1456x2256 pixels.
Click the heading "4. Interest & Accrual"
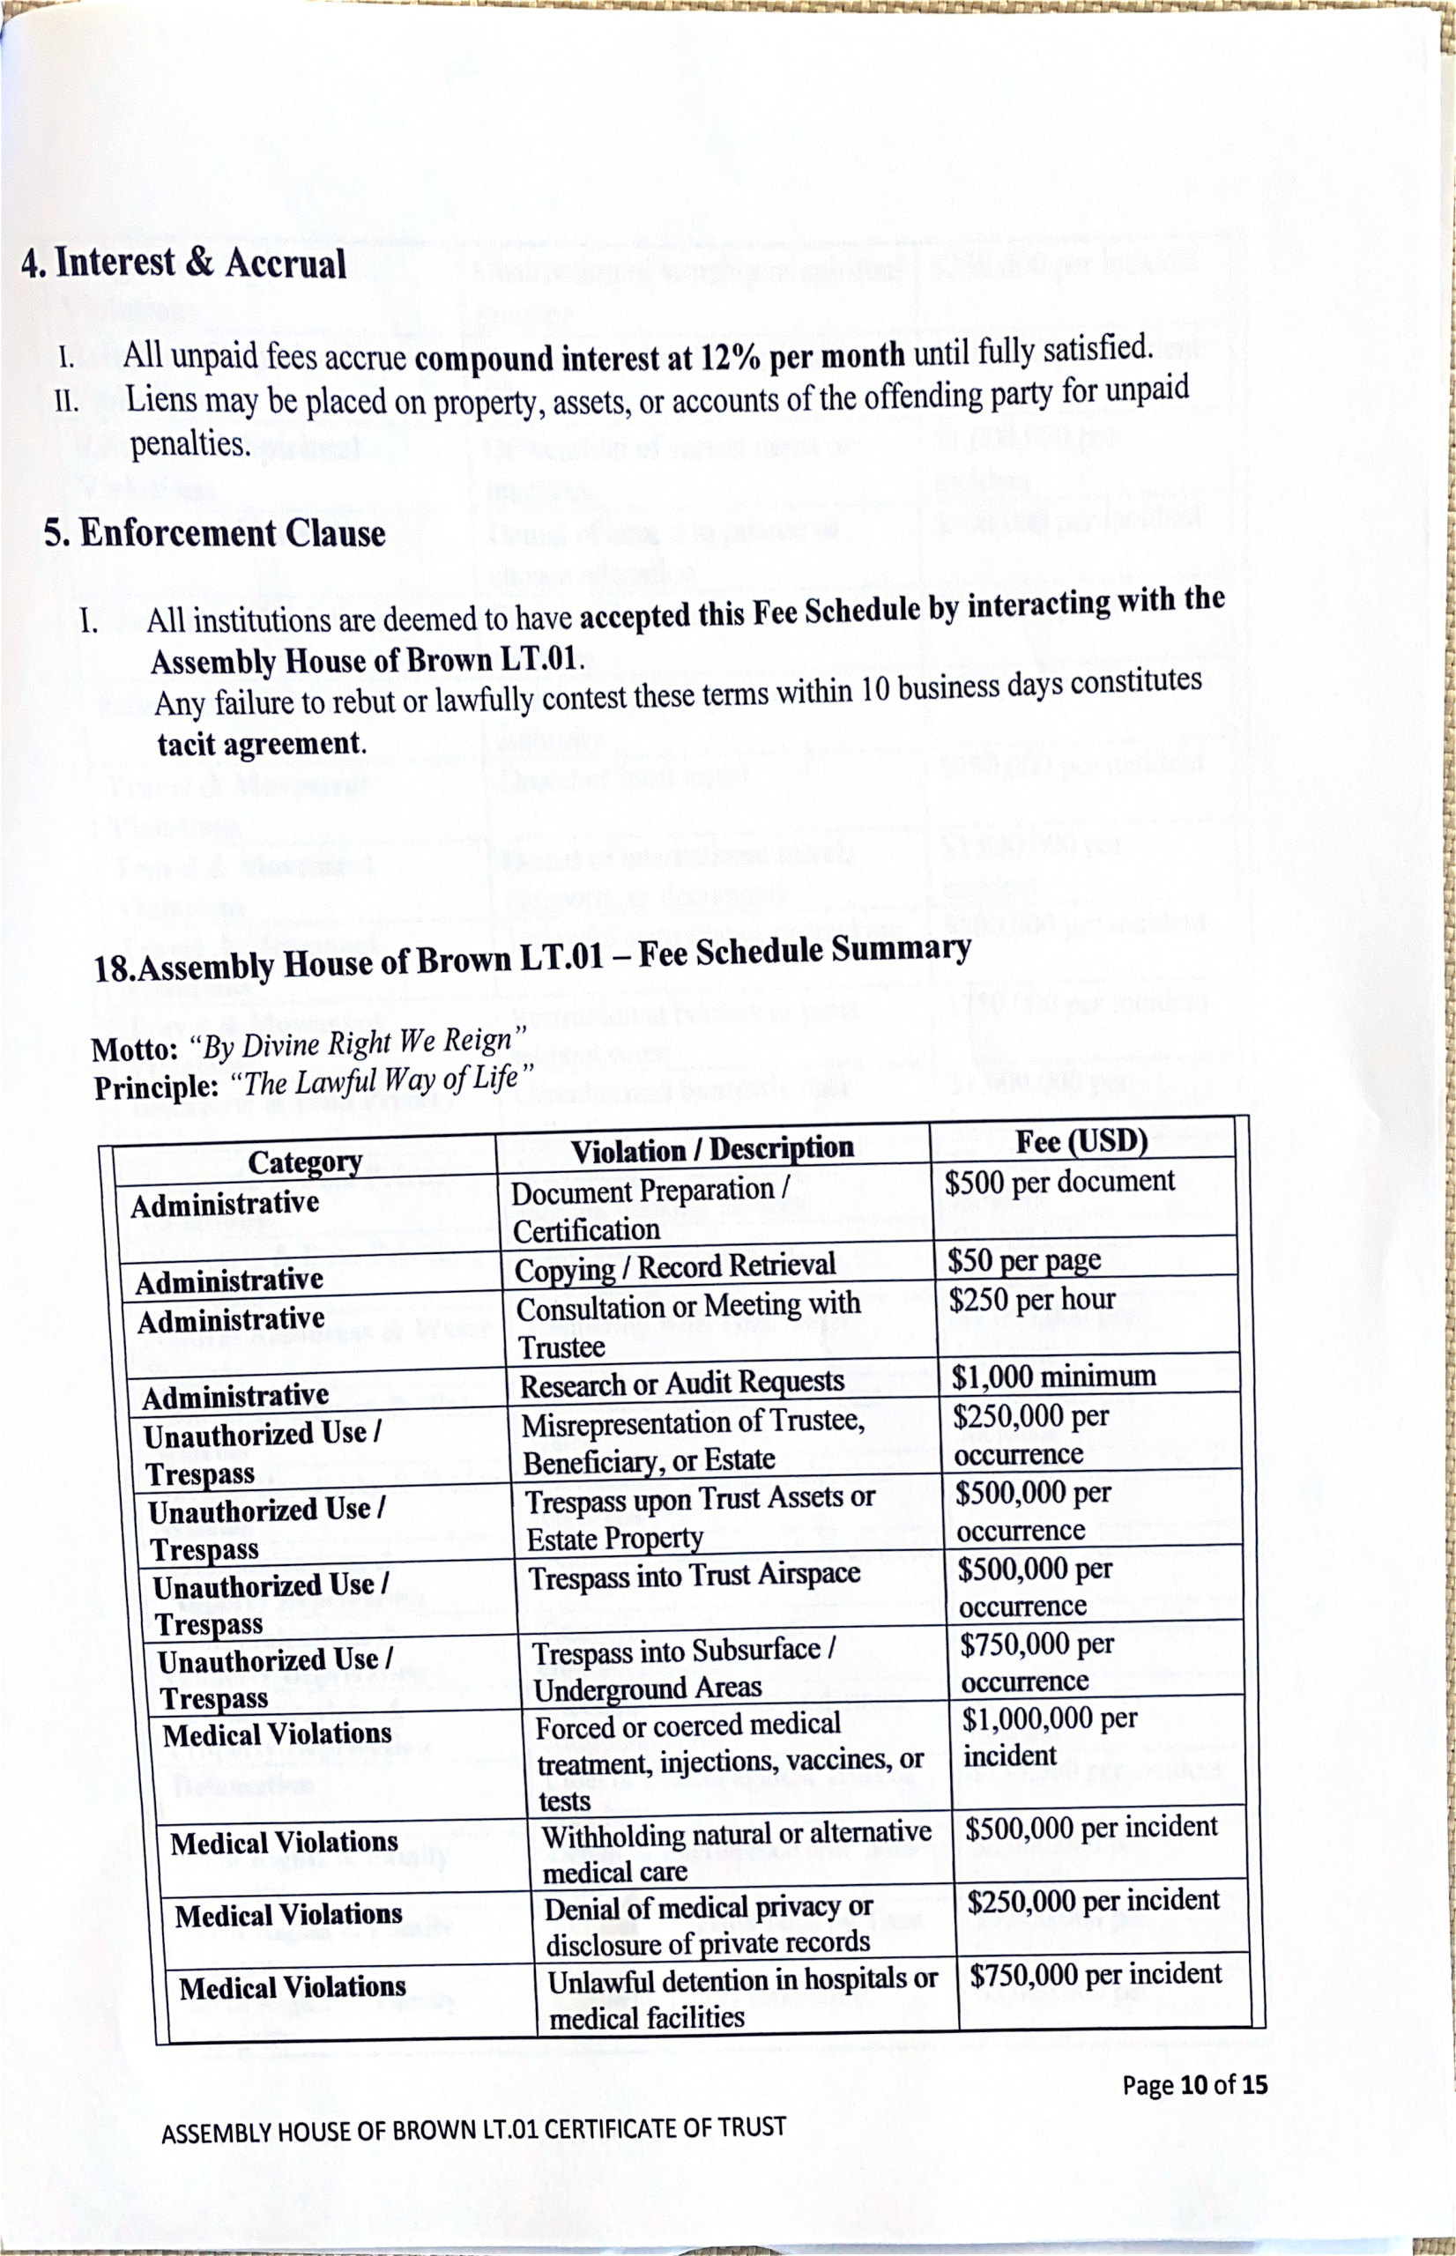(183, 263)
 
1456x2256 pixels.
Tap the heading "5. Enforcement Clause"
(215, 534)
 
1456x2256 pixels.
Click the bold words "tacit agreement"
(261, 744)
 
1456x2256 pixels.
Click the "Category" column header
(304, 1161)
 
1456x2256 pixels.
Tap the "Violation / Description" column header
(712, 1149)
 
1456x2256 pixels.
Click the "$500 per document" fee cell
(1059, 1182)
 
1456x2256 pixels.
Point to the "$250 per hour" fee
(1031, 1301)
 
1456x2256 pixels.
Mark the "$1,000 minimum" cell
(1053, 1377)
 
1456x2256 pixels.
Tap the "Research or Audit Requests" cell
(681, 1384)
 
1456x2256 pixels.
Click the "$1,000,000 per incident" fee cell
(1050, 1737)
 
